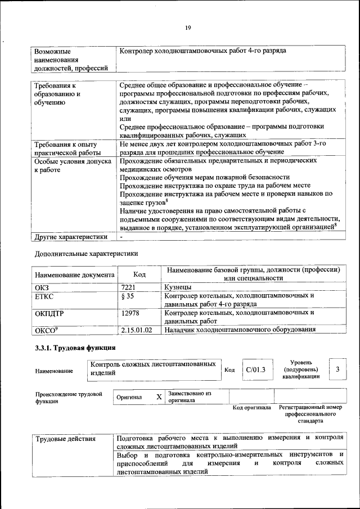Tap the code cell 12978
pos(130,313)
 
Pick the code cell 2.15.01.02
pos(137,330)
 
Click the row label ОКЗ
pos(42,287)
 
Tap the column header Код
pos(139,274)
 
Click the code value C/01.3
pos(255,370)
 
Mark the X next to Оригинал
pos(159,397)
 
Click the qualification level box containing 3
pos(337,369)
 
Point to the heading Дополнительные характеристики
pos(86,254)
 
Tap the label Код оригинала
pos(252,407)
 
